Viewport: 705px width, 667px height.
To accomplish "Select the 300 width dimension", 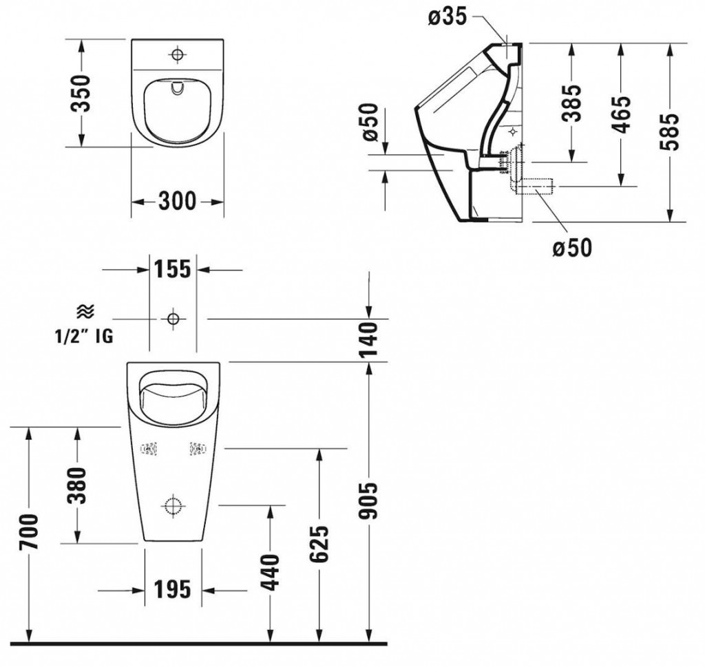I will [177, 202].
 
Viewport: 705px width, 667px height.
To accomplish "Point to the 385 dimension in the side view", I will [571, 103].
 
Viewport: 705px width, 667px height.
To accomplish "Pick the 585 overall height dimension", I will [670, 131].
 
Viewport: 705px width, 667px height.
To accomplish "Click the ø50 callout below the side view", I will [571, 246].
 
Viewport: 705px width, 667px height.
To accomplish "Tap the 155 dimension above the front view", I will [172, 271].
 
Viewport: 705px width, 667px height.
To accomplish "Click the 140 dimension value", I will [370, 339].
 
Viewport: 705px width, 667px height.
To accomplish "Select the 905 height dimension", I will [370, 501].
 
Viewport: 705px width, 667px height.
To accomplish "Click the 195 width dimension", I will [171, 589].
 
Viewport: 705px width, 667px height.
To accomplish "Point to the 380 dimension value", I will [77, 485].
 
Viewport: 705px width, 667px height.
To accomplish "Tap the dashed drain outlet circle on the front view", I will [173, 507].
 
